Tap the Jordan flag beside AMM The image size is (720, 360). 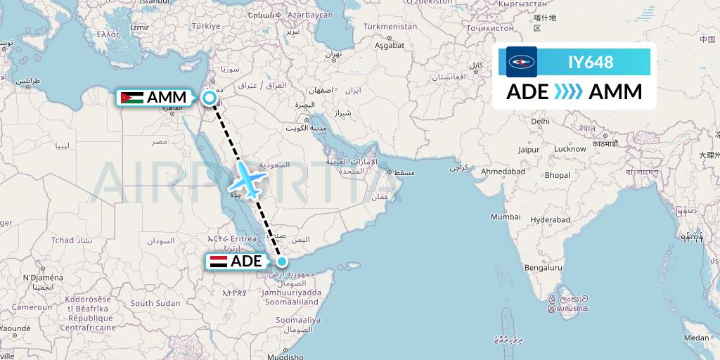(x=131, y=98)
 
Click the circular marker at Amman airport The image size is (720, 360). (x=210, y=98)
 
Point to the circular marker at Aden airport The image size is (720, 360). (x=281, y=262)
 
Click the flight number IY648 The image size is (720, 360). (x=591, y=62)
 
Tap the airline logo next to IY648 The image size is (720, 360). (x=522, y=62)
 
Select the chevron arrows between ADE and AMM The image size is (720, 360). (x=568, y=92)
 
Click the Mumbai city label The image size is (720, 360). (x=505, y=217)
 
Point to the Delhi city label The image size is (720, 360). (x=540, y=121)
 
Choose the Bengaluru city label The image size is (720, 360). (x=545, y=268)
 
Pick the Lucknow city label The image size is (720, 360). (x=570, y=148)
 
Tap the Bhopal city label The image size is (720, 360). (x=557, y=174)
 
